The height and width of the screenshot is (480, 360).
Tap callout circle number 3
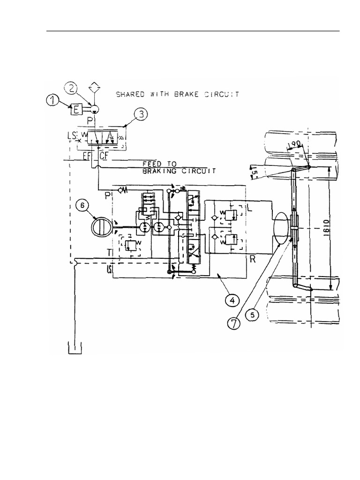pos(139,114)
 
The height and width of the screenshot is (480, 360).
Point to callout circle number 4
pos(232,298)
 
